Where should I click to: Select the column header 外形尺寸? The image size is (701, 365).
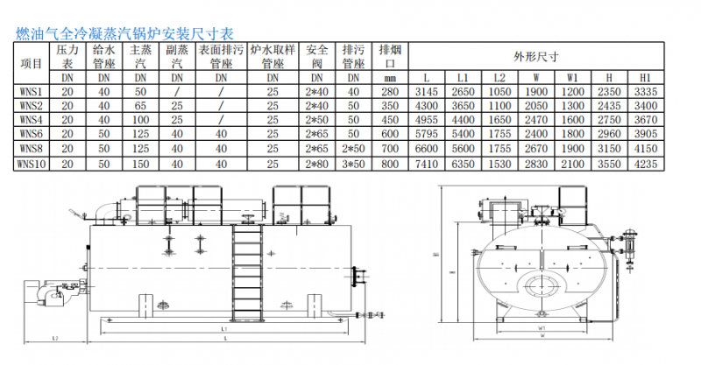click(x=535, y=57)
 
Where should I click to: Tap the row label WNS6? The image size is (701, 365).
click(x=31, y=133)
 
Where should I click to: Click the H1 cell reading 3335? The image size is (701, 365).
click(x=646, y=91)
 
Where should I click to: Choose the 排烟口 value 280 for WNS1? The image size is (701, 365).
click(x=390, y=91)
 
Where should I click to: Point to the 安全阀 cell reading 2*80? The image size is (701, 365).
click(x=317, y=163)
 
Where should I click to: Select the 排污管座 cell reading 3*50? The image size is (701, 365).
click(x=353, y=163)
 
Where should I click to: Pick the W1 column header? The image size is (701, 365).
click(x=572, y=77)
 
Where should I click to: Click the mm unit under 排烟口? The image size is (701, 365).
click(x=390, y=77)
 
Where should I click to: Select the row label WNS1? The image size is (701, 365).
click(x=31, y=91)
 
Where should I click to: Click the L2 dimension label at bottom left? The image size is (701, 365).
click(x=54, y=336)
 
